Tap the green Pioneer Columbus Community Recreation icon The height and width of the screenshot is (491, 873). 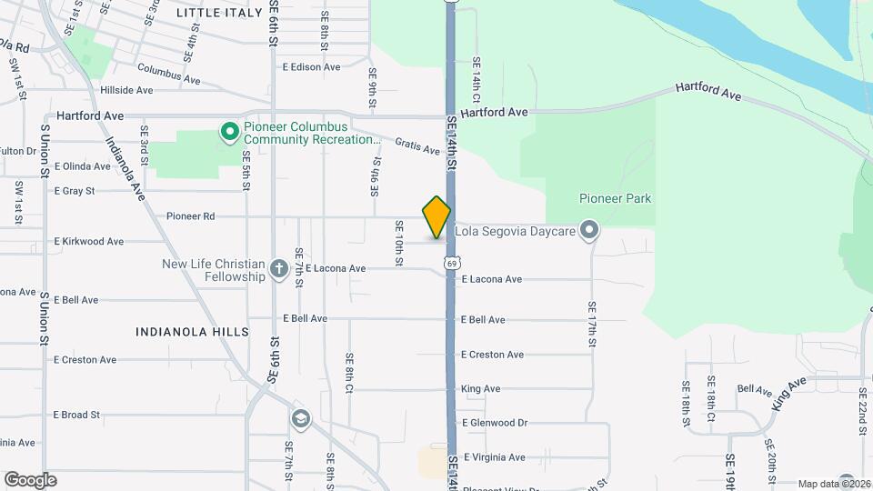pos(229,134)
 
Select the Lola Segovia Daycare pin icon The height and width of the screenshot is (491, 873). pos(589,231)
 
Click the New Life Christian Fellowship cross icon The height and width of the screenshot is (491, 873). pos(278,269)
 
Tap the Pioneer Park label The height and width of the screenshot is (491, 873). pos(615,198)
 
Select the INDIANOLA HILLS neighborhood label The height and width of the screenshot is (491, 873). pos(192,333)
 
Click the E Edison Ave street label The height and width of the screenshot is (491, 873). pos(311,67)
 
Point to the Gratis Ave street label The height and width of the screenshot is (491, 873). pos(418,146)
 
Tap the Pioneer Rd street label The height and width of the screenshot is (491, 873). pos(191,216)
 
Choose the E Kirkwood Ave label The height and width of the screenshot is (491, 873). pos(89,242)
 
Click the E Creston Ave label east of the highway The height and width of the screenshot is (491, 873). pos(492,355)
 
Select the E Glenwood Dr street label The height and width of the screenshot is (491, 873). pos(495,423)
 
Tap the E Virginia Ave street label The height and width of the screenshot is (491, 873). pos(495,457)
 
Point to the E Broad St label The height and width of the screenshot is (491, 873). pos(76,415)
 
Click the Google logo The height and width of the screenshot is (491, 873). pos(30,479)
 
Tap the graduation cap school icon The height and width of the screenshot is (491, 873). pos(300,419)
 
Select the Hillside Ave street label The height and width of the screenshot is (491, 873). pos(126,90)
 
